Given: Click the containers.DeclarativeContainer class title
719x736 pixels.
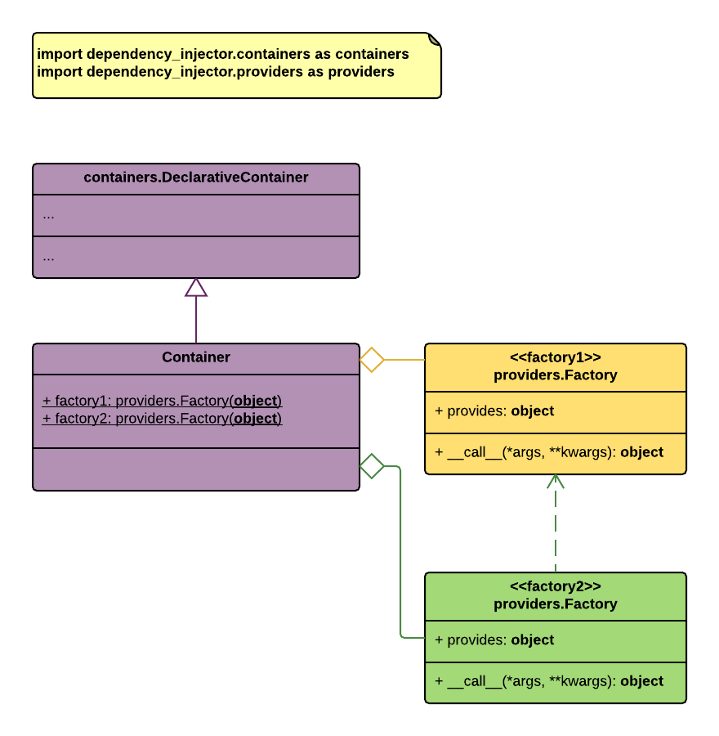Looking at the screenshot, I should tap(196, 177).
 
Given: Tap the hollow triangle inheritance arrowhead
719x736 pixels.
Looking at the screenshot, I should tap(196, 287).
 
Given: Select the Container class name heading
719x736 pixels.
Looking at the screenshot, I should tap(196, 357).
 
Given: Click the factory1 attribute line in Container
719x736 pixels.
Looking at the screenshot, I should tap(162, 401).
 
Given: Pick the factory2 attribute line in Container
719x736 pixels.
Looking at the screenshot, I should tap(162, 418).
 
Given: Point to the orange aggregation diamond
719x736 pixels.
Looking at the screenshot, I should tap(372, 360).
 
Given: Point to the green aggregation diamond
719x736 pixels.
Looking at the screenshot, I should tap(372, 466).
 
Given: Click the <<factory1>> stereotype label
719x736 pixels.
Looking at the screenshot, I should tap(556, 357).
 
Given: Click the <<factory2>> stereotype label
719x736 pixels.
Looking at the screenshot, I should tap(556, 586).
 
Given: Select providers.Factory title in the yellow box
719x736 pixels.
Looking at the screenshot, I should tap(556, 375).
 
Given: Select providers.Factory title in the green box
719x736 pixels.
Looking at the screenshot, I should tap(556, 604).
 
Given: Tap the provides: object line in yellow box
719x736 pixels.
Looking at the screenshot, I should tap(494, 411).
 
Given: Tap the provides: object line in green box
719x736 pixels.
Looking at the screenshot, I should tap(494, 640).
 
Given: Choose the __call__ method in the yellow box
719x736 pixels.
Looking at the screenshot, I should tap(549, 452).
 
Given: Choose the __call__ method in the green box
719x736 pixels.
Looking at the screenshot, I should tap(549, 681).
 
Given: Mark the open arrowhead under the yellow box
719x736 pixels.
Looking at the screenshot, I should tap(556, 481).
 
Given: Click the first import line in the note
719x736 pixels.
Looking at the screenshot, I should tap(223, 55).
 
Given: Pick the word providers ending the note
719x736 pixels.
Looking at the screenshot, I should tap(361, 72).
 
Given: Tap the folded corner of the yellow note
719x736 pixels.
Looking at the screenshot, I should tap(435, 38).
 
